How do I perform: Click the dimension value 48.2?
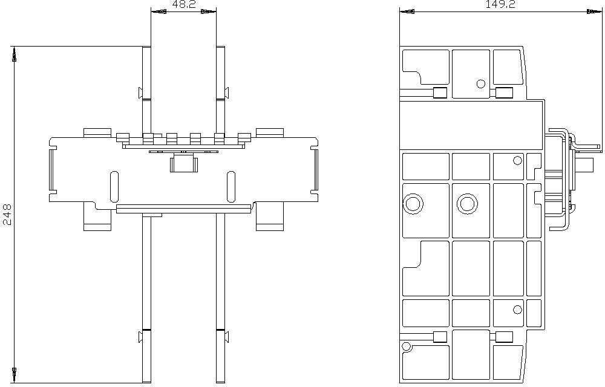184,4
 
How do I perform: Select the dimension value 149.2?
500,4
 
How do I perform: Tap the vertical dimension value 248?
7,214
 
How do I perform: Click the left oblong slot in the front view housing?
114,186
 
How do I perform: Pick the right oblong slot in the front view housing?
231,186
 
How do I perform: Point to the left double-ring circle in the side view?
413,203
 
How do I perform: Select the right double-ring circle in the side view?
467,203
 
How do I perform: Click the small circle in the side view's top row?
481,83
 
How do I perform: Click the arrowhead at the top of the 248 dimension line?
15,54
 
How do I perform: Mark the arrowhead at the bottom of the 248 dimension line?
15,376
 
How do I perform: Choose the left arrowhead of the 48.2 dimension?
159,12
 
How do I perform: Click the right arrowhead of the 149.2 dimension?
594,11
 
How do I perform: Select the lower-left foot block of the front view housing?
97,217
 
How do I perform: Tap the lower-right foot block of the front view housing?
270,217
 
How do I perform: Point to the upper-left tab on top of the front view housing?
97,132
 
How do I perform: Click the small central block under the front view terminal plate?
184,163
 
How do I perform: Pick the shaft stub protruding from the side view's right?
584,164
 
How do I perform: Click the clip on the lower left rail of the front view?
140,336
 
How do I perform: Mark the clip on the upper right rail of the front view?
227,93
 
